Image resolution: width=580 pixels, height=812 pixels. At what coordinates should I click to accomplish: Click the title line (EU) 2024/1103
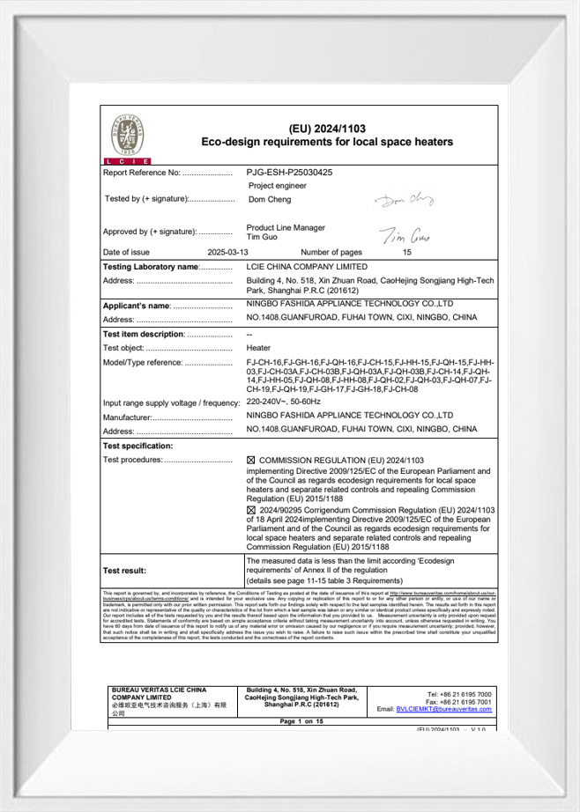[x=327, y=129]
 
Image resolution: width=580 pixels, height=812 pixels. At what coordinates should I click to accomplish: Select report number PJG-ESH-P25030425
[x=289, y=173]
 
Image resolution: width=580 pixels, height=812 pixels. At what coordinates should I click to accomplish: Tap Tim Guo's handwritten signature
[x=405, y=235]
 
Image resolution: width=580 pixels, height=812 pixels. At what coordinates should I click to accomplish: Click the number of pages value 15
[x=407, y=252]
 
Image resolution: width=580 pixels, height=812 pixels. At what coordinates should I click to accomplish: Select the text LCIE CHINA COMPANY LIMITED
[x=307, y=266]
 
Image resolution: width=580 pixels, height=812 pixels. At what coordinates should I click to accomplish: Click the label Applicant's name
[x=137, y=306]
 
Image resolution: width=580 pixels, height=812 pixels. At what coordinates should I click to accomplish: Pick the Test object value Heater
[x=258, y=348]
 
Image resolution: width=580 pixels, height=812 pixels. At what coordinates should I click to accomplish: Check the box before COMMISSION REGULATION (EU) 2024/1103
[x=250, y=461]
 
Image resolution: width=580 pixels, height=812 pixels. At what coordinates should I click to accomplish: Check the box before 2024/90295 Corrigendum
[x=250, y=510]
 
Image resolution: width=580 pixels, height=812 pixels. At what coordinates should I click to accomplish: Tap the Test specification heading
[x=138, y=447]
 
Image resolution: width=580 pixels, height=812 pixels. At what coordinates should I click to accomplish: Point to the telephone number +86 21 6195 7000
[x=463, y=694]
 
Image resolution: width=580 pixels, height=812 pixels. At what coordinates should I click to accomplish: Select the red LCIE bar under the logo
[x=127, y=161]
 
